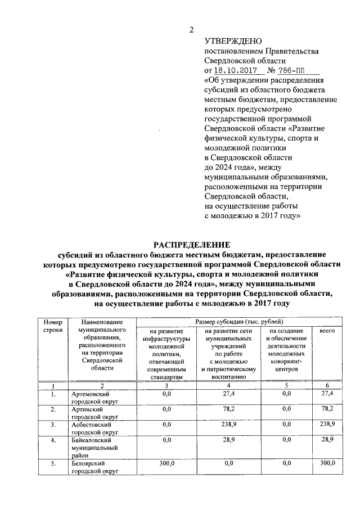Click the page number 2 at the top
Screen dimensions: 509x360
pyautogui.click(x=191, y=30)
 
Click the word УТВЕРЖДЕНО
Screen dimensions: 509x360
pyautogui.click(x=233, y=41)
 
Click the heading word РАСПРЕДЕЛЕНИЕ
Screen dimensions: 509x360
pyautogui.click(x=192, y=244)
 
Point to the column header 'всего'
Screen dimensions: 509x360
pyautogui.click(x=327, y=331)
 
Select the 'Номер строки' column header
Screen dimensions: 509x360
pyautogui.click(x=52, y=326)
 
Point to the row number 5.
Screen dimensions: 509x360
pyautogui.click(x=52, y=463)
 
